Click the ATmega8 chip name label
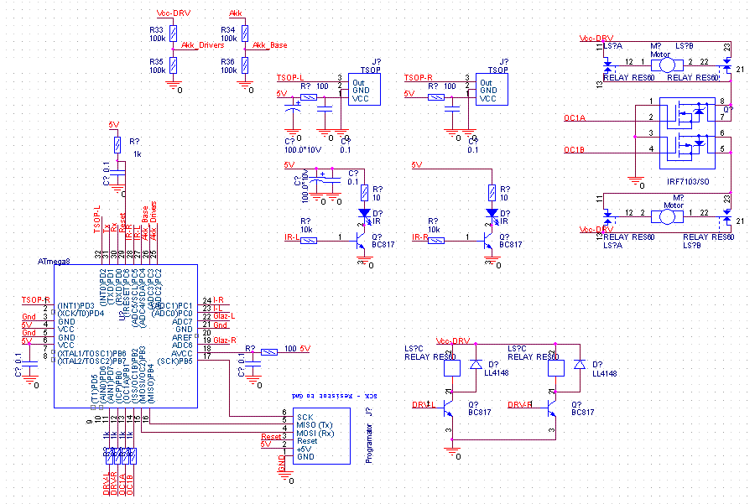[x=55, y=262]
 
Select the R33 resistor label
[x=157, y=30]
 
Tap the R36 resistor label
[x=228, y=61]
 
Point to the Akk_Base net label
[x=269, y=45]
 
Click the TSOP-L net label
[x=290, y=78]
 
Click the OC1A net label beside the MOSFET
[x=575, y=120]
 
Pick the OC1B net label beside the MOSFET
[x=575, y=151]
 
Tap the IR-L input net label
[x=293, y=239]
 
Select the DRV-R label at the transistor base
[x=519, y=404]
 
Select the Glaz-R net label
[x=225, y=340]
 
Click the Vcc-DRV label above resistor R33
[x=173, y=15]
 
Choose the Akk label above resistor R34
[x=236, y=15]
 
